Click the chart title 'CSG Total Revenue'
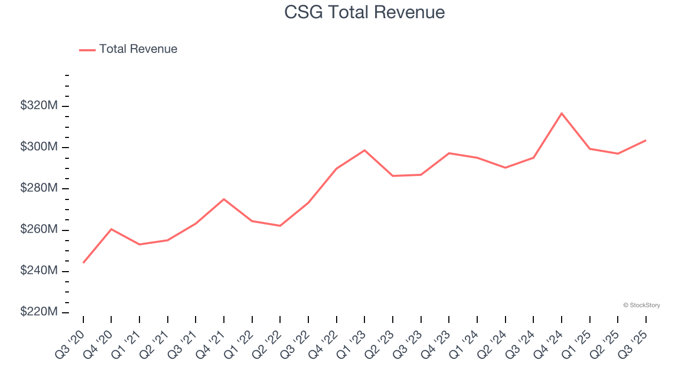tap(364, 12)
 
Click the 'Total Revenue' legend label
tap(138, 49)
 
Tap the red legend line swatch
tap(87, 50)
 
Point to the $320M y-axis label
tap(39, 106)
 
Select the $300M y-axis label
tap(39, 147)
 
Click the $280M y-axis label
tap(39, 189)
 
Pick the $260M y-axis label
tap(39, 230)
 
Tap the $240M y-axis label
tap(39, 271)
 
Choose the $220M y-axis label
tap(39, 312)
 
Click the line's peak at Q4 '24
tap(562, 113)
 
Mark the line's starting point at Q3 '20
tap(83, 263)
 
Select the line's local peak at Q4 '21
tap(224, 199)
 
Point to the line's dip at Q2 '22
tap(280, 226)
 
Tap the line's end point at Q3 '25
tap(646, 141)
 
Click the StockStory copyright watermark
tap(641, 305)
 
